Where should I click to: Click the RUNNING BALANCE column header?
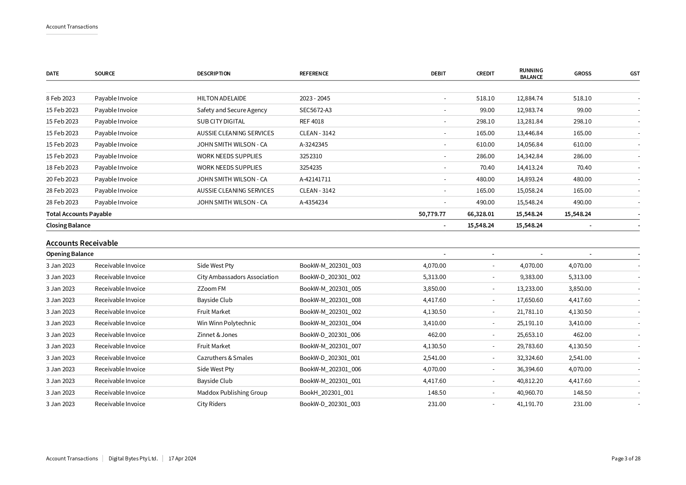531,73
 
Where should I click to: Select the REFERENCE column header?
314,73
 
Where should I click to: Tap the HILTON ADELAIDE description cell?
221,98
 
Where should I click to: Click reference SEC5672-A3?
315,110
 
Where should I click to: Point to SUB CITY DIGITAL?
221,122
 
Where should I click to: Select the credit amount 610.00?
485,145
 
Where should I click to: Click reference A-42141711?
315,179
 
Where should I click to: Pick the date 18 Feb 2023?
62,168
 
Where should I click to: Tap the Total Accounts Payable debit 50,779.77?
432,214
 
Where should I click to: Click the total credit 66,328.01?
480,214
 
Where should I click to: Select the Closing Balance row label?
68,225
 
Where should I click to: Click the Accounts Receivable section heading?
82,243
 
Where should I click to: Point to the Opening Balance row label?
70,254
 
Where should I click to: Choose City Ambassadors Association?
237,277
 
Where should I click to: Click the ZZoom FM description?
211,289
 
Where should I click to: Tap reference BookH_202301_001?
326,393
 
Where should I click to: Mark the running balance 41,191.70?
530,404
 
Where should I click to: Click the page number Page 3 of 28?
626,459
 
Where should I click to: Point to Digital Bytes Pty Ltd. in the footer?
133,459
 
